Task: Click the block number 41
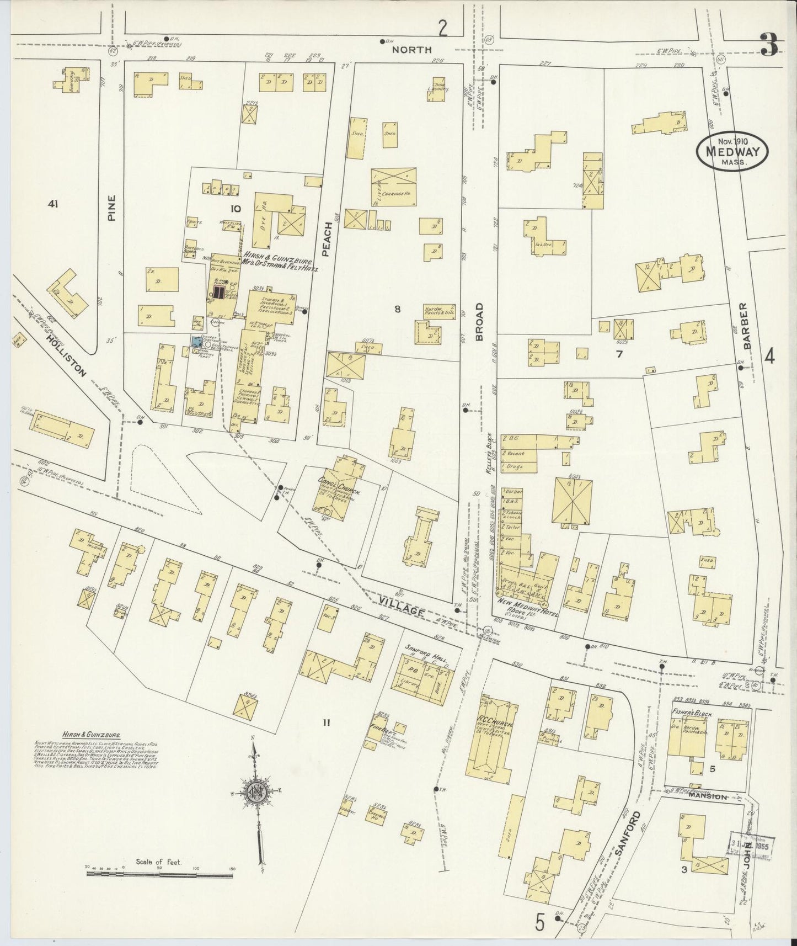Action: coord(53,204)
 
